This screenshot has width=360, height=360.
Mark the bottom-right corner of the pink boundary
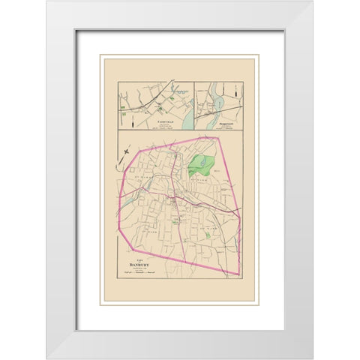pyautogui.click(x=238, y=275)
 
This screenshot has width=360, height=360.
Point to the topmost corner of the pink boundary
pyautogui.click(x=215, y=137)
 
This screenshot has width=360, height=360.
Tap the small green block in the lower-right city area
pyautogui.click(x=208, y=236)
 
